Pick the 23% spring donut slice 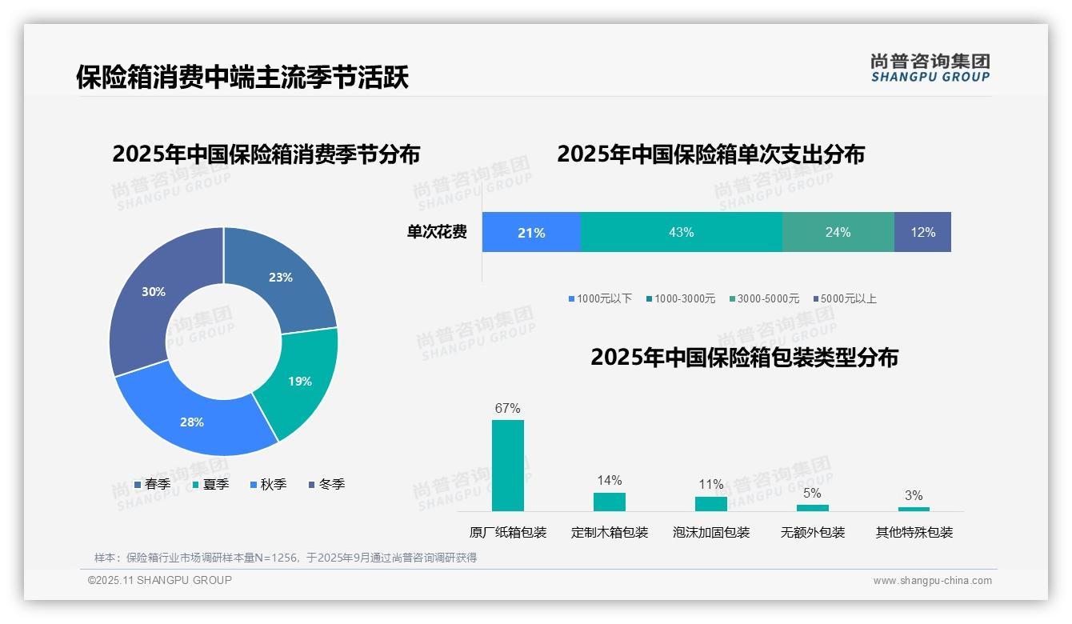point(281,278)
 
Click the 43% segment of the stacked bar point(681,232)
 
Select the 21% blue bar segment point(531,232)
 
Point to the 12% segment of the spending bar point(922,232)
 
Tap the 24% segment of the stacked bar point(838,232)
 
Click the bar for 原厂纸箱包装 point(508,466)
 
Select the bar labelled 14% point(610,502)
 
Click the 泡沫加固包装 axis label point(711,533)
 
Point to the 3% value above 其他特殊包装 point(914,495)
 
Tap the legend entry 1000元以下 point(600,298)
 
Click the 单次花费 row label point(437,232)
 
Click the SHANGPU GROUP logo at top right point(930,68)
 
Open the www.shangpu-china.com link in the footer point(932,581)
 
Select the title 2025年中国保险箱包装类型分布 point(744,357)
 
